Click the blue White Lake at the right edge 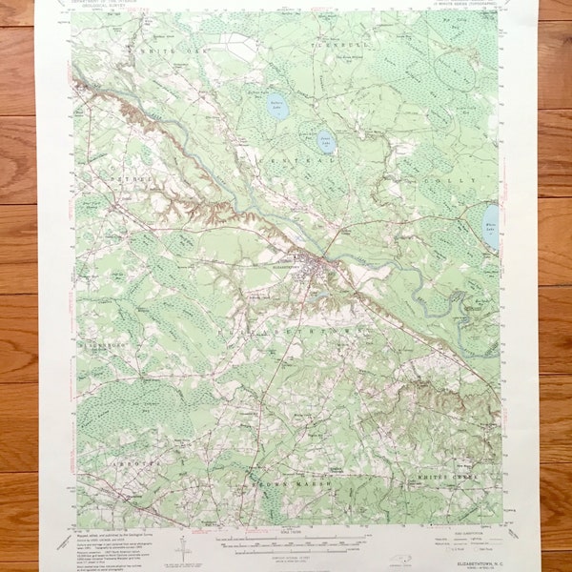click(490, 227)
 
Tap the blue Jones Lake click(326, 141)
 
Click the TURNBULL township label click(334, 45)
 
